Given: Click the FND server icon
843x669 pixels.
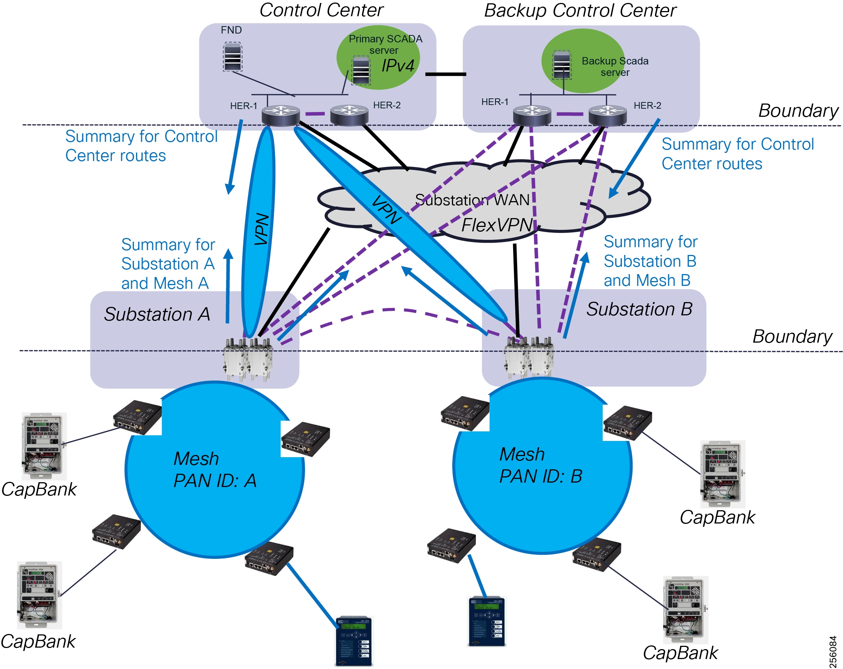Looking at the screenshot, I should [x=232, y=57].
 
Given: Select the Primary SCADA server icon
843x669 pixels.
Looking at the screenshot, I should [x=360, y=70].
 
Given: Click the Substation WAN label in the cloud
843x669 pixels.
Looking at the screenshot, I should [x=472, y=200].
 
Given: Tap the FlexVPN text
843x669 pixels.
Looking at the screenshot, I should [x=497, y=225].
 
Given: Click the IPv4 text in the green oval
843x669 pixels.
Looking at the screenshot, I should [x=397, y=66].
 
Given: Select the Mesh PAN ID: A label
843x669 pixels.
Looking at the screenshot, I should [x=215, y=469].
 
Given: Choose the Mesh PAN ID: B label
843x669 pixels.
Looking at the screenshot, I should [x=540, y=465].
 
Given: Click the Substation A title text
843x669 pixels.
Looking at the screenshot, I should [x=157, y=314].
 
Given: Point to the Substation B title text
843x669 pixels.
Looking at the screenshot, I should [x=639, y=309].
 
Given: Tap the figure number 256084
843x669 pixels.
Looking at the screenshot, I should [x=832, y=651].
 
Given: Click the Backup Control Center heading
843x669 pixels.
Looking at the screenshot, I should [x=580, y=11].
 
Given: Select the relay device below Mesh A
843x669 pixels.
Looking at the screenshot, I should [x=354, y=641].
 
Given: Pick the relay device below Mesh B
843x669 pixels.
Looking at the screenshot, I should [x=487, y=621].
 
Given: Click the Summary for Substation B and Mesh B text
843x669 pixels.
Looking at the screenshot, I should [x=650, y=261].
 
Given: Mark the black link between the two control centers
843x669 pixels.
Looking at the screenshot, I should [x=445, y=74].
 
